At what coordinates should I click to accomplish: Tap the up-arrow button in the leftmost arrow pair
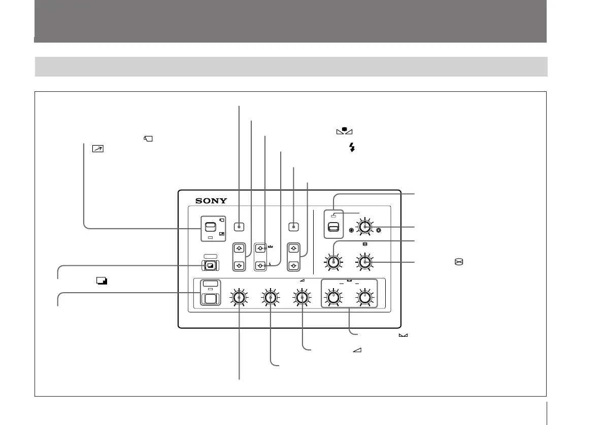tap(239, 249)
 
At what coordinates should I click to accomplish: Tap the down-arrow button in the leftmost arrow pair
tap(239, 265)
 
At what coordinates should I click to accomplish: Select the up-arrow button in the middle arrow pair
tap(260, 249)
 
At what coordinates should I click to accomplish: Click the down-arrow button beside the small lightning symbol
tap(260, 265)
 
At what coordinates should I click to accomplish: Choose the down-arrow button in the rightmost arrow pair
tap(293, 265)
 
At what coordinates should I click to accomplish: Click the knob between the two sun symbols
tap(365, 229)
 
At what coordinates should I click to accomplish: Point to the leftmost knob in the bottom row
tap(240, 297)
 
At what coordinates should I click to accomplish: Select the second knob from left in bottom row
tap(271, 297)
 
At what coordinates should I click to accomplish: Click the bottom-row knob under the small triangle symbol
tap(302, 297)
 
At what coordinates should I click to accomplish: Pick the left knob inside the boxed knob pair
tap(333, 297)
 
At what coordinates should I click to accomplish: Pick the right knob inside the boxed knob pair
tap(364, 297)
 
